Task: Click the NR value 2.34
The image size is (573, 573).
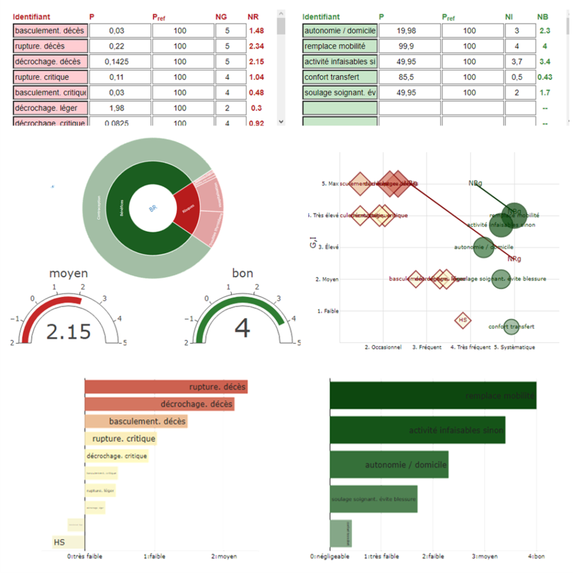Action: (x=257, y=46)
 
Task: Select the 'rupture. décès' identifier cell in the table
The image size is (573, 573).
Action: (x=50, y=46)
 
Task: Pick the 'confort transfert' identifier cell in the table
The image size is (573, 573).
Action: (x=340, y=77)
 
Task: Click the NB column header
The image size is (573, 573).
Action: (x=542, y=17)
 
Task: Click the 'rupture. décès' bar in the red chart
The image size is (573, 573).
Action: (x=166, y=387)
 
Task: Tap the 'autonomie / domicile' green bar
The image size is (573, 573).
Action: (x=389, y=464)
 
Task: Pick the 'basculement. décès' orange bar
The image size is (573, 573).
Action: (x=136, y=421)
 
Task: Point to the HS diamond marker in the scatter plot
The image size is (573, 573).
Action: (x=462, y=320)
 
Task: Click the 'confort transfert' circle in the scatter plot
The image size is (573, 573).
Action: (x=510, y=327)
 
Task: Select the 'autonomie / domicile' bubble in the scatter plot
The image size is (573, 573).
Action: (x=483, y=247)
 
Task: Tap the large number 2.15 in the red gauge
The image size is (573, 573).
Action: (x=68, y=331)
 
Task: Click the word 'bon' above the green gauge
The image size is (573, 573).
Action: (x=242, y=273)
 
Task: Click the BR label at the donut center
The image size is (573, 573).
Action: (x=153, y=208)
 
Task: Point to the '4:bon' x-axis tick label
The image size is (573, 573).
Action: (x=536, y=556)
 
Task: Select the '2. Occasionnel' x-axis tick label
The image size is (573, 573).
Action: (x=383, y=347)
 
